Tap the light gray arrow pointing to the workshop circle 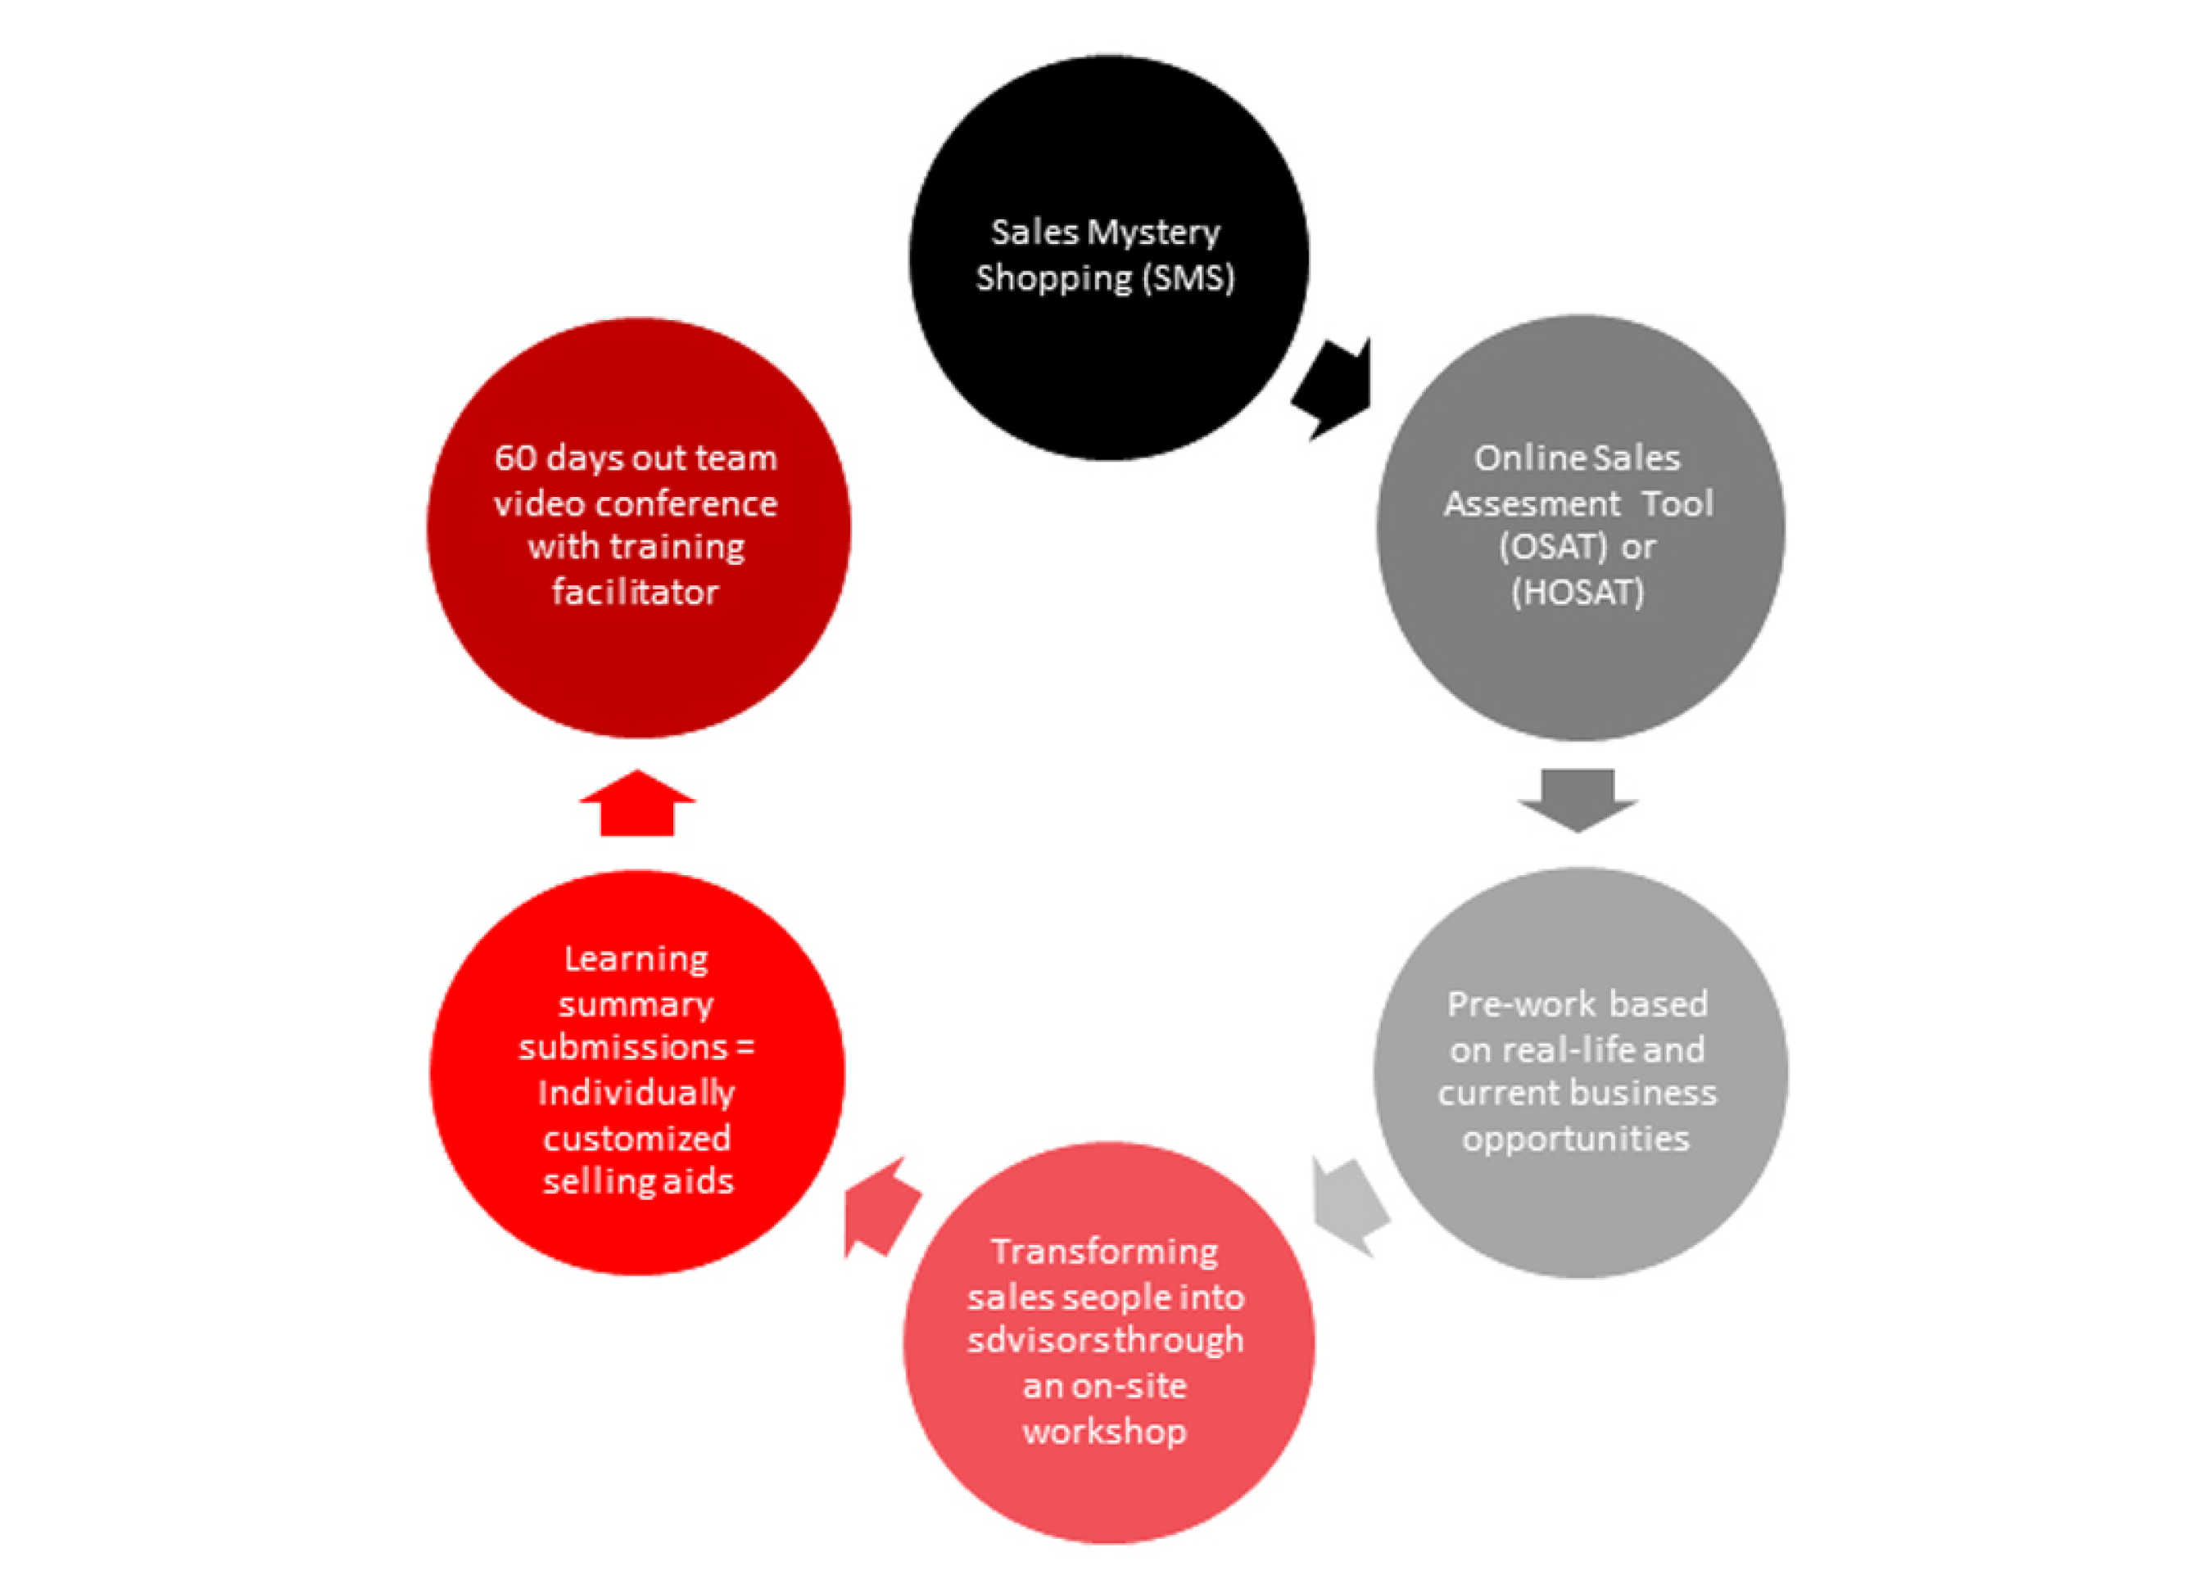click(1351, 1207)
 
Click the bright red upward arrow click(637, 803)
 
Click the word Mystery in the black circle click(1153, 233)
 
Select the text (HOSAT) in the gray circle click(1578, 591)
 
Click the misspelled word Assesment click(1532, 503)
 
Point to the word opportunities click(1576, 1139)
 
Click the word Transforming click(1105, 1252)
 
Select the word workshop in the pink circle click(1105, 1431)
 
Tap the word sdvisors click(1039, 1340)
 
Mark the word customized click(636, 1137)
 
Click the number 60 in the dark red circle click(515, 458)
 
